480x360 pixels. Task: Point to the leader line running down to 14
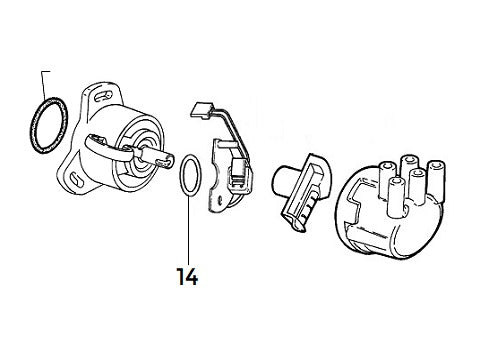tap(187, 225)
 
